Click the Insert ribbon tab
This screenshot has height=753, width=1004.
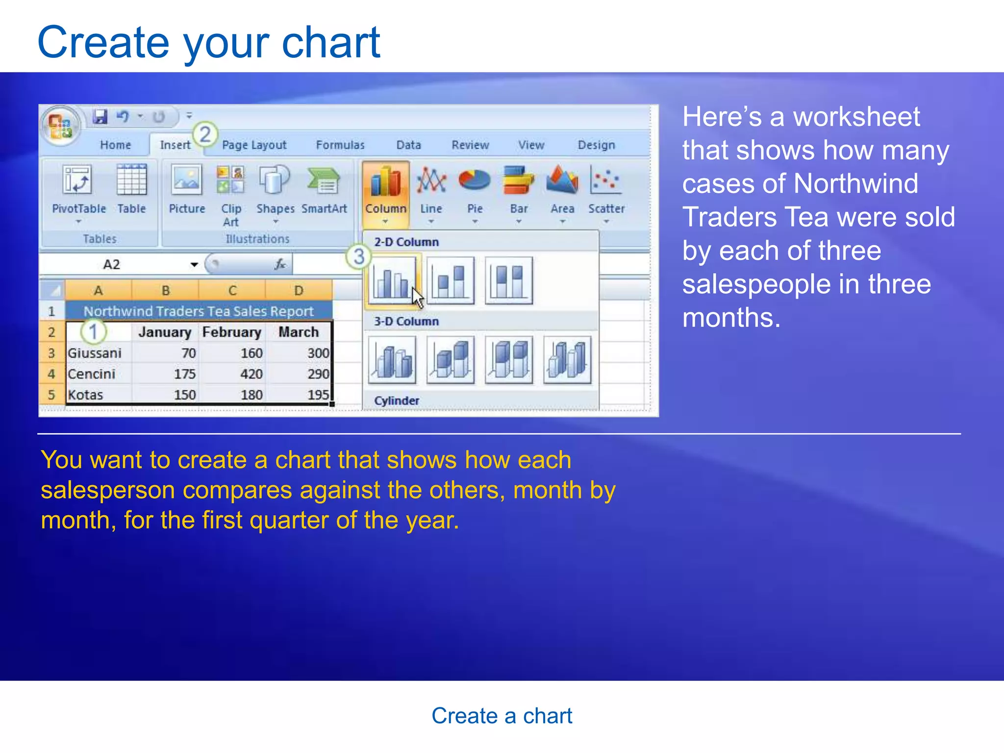pyautogui.click(x=175, y=145)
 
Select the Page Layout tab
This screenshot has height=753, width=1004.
pyautogui.click(x=254, y=145)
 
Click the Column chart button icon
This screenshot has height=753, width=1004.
pyautogui.click(x=386, y=182)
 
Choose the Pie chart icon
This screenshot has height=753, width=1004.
pyautogui.click(x=474, y=180)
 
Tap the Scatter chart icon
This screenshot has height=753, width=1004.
pyautogui.click(x=606, y=180)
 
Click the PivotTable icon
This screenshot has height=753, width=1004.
pyautogui.click(x=77, y=180)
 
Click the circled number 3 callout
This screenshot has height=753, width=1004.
pyautogui.click(x=358, y=256)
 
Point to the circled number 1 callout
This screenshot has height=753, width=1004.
pyautogui.click(x=93, y=332)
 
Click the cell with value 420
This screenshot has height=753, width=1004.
pyautogui.click(x=251, y=374)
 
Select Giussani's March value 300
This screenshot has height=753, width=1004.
pyautogui.click(x=318, y=353)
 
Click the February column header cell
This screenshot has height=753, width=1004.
pyautogui.click(x=232, y=332)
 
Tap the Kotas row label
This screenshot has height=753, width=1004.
pyautogui.click(x=86, y=395)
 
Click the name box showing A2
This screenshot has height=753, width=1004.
pyautogui.click(x=112, y=265)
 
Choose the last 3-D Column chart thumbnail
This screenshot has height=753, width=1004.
pyautogui.click(x=567, y=360)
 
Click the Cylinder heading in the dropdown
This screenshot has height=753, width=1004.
pyautogui.click(x=397, y=401)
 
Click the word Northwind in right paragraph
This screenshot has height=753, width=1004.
pyautogui.click(x=855, y=184)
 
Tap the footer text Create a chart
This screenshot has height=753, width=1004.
pyautogui.click(x=502, y=716)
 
